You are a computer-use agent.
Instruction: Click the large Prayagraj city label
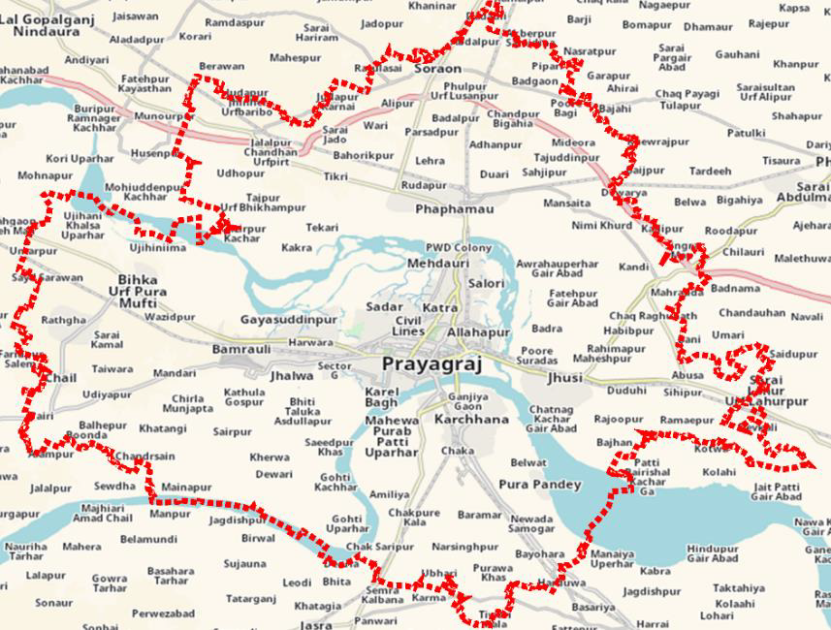click(x=430, y=364)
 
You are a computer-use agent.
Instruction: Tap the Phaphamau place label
click(x=454, y=209)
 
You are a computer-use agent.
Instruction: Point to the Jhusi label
click(x=565, y=378)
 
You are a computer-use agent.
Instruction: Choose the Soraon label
click(x=437, y=70)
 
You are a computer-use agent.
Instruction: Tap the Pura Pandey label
click(x=539, y=485)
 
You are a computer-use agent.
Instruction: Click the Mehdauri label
click(x=437, y=264)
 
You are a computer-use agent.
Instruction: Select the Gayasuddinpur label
click(x=288, y=319)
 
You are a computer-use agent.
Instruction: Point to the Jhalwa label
click(x=292, y=376)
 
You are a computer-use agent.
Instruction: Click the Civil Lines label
click(x=408, y=327)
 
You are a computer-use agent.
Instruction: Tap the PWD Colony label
click(x=460, y=248)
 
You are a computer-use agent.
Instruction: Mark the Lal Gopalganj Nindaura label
click(x=46, y=24)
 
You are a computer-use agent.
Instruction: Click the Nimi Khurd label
click(x=601, y=226)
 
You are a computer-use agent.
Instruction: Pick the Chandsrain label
click(x=145, y=457)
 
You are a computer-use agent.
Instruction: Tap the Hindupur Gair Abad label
click(x=713, y=553)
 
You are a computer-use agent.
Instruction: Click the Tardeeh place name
click(x=710, y=172)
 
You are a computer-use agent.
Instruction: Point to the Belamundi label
click(x=148, y=539)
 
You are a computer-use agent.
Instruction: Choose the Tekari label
click(x=322, y=228)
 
